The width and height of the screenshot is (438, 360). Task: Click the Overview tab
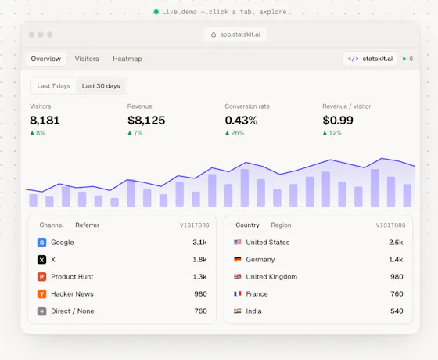point(46,59)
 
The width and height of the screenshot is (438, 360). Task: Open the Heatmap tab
point(127,59)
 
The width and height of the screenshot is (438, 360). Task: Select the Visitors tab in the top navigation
point(87,59)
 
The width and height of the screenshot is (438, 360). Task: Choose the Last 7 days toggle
point(54,86)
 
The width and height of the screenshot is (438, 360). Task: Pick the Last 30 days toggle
point(101,86)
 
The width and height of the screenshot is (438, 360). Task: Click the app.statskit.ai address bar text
point(240,34)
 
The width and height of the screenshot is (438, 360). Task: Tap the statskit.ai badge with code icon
point(370,59)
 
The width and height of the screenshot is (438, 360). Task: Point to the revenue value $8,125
point(146,121)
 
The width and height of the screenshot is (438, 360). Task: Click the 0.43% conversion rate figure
point(242,121)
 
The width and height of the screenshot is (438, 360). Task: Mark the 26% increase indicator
point(235,133)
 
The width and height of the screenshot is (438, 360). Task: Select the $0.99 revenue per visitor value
point(338,121)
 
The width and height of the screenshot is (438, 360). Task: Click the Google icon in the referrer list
point(41,243)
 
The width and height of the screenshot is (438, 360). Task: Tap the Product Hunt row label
point(72,277)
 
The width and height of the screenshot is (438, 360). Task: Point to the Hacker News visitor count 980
point(200,294)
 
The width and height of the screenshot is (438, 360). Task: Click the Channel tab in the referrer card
point(52,225)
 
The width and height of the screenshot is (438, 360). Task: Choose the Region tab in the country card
point(281,225)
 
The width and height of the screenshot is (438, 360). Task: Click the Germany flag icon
point(238,259)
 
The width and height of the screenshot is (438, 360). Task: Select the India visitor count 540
point(397,311)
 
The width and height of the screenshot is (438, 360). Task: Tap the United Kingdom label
point(271,277)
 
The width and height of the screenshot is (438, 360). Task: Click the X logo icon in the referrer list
point(41,260)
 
